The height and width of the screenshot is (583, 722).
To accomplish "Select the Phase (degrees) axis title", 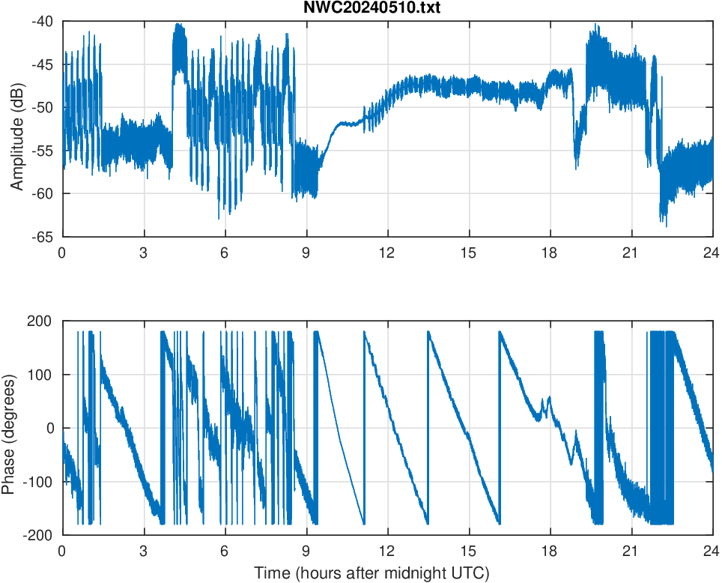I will pyautogui.click(x=8, y=428).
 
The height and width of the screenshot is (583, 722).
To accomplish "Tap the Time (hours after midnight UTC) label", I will pyautogui.click(x=371, y=574).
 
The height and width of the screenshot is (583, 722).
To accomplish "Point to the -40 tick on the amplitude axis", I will pyautogui.click(x=43, y=22).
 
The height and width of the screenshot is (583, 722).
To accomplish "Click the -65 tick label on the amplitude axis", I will pyautogui.click(x=43, y=237).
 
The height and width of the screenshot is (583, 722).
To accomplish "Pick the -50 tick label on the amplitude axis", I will pyautogui.click(x=43, y=108).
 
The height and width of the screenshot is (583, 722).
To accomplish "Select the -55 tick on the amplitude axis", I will pyautogui.click(x=43, y=151).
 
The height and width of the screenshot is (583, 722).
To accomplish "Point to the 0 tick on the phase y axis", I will pyautogui.click(x=51, y=429).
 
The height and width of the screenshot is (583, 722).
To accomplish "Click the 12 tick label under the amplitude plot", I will pyautogui.click(x=387, y=253).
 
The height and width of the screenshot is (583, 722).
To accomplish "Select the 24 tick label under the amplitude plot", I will pyautogui.click(x=712, y=253).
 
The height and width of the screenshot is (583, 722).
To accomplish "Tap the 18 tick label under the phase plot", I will pyautogui.click(x=550, y=551).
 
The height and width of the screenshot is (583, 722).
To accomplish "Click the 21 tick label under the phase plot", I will pyautogui.click(x=631, y=551).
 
